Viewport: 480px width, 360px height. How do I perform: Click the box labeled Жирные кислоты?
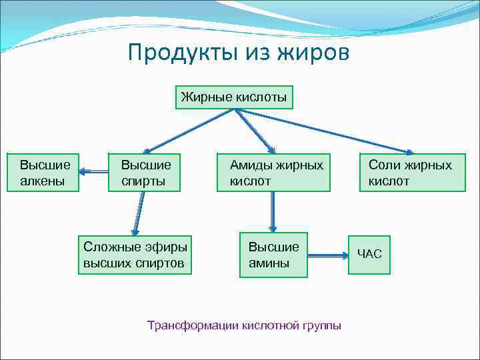234,98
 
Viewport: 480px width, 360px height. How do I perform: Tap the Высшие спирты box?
145,173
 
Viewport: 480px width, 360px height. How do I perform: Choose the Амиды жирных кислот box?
273,173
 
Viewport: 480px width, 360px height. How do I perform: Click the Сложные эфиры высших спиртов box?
135,255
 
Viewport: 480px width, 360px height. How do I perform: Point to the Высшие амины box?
273,255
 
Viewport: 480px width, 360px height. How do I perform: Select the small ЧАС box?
369,253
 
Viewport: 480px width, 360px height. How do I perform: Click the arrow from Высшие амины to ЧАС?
327,254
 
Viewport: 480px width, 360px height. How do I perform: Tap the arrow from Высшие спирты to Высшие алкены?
94,172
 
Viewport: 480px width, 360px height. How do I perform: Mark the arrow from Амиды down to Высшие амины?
273,211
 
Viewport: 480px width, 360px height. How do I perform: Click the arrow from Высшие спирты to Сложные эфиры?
139,213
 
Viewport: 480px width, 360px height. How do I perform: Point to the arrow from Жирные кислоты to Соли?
327,131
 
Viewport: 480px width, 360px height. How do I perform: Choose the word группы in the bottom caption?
321,326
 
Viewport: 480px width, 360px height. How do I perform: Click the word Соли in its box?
384,165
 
